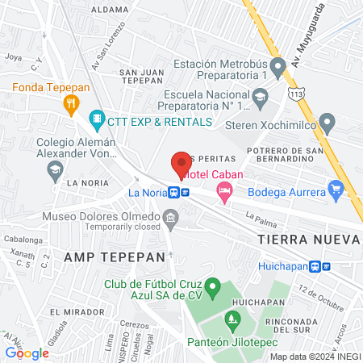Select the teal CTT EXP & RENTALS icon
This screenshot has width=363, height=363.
pos(98,121)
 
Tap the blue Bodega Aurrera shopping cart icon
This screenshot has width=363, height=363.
pos(337,190)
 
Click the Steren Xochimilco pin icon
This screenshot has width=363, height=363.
pos(327,123)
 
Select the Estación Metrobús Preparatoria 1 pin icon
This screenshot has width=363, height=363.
pos(278,66)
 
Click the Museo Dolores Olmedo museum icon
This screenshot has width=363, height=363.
pos(170,217)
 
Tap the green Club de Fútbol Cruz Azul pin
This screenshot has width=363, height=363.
pos(213,286)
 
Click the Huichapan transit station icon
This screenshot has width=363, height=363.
pos(324,266)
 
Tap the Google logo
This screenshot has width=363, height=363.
pos(27,353)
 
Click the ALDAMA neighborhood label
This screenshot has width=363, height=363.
pos(111,10)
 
